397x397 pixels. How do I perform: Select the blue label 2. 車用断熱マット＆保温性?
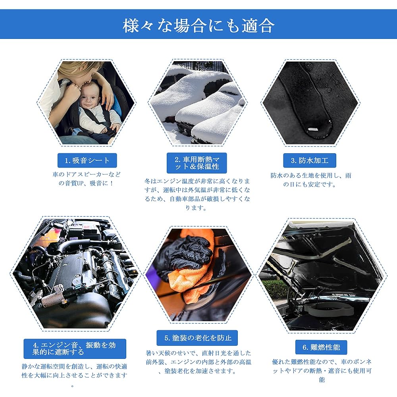tap(197, 163)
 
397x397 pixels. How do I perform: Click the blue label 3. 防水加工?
tap(310, 160)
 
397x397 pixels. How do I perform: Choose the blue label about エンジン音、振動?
tap(75, 349)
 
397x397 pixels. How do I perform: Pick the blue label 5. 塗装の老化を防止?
tap(197, 338)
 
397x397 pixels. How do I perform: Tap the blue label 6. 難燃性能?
tap(321, 347)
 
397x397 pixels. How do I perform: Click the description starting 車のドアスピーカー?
tap(87, 179)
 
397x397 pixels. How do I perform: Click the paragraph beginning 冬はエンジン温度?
tap(197, 194)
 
